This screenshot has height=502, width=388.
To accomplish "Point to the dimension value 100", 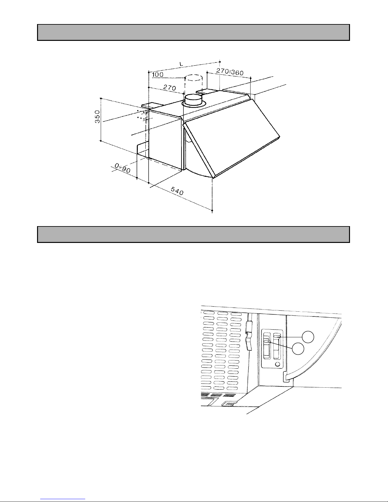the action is pyautogui.click(x=157, y=74).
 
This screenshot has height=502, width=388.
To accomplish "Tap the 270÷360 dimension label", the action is pyautogui.click(x=230, y=72).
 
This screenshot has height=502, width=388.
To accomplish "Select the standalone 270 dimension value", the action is pyautogui.click(x=169, y=87).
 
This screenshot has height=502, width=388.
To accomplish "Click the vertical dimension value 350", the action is pyautogui.click(x=98, y=117).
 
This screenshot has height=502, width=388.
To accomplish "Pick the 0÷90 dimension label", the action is pyautogui.click(x=123, y=168).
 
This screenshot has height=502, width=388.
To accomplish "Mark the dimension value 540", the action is pyautogui.click(x=177, y=191).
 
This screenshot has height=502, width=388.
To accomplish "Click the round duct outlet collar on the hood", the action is pyautogui.click(x=194, y=101).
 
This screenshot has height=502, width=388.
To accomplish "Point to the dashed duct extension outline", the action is pyautogui.click(x=194, y=84).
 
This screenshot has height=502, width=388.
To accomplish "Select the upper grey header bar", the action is pyautogui.click(x=194, y=32).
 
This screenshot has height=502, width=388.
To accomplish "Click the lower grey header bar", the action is pyautogui.click(x=194, y=234).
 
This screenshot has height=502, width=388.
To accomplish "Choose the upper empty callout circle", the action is pyautogui.click(x=308, y=337).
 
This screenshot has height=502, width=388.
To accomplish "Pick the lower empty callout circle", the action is pyautogui.click(x=298, y=349).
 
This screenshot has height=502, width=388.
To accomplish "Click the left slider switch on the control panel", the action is pyautogui.click(x=267, y=346).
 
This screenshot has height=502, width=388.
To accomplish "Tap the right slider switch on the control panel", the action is pyautogui.click(x=277, y=346).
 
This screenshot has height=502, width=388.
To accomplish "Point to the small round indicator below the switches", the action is pyautogui.click(x=277, y=364).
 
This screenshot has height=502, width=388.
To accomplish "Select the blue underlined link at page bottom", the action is pyautogui.click(x=63, y=499).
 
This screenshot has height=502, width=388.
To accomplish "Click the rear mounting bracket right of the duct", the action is pyautogui.click(x=207, y=91).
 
